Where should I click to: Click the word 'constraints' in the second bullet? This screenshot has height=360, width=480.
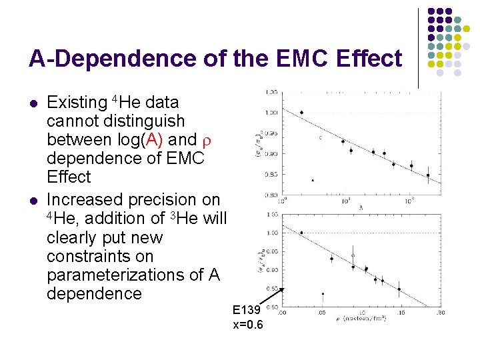point(87,256)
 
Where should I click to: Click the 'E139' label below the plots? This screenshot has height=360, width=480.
point(247,310)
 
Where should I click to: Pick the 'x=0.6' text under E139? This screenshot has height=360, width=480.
point(247,325)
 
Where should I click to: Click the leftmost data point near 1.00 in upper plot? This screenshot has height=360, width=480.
point(301,113)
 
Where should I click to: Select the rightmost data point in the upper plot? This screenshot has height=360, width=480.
point(428,175)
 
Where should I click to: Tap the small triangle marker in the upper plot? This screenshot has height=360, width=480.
point(313,180)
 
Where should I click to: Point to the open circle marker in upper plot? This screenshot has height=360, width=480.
point(321,138)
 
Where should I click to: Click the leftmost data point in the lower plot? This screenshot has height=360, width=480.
point(301,233)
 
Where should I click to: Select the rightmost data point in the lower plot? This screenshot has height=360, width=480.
point(399,289)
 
